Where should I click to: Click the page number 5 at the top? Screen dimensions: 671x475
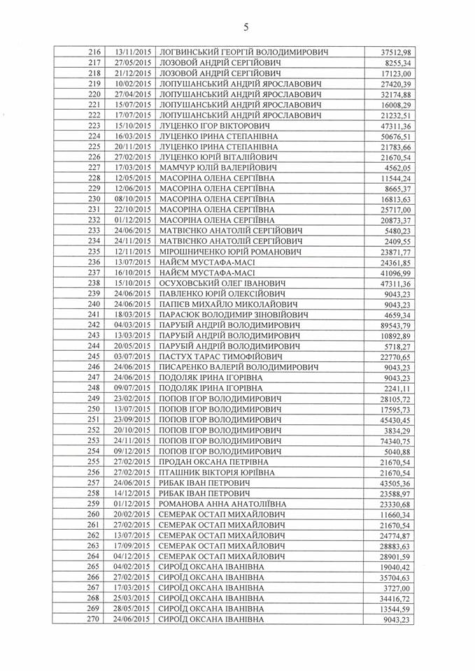click(x=246, y=27)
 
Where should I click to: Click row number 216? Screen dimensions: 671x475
click(x=96, y=52)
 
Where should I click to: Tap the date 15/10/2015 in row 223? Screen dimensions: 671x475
click(x=133, y=126)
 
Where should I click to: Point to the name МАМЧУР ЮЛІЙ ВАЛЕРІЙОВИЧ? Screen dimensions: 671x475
click(x=218, y=168)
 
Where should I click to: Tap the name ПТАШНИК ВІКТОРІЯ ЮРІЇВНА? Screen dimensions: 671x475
click(x=217, y=472)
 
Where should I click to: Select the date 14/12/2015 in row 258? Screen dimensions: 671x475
click(x=133, y=493)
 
